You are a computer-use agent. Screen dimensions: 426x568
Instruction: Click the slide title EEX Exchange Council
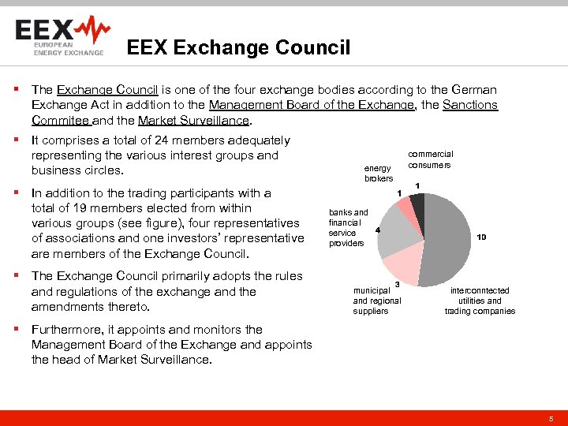238,48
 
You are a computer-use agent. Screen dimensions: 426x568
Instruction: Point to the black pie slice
418,206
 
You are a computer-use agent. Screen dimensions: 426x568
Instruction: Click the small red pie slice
405,207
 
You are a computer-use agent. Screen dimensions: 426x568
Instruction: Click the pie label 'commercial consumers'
430,159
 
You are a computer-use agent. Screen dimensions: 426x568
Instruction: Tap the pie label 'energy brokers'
378,174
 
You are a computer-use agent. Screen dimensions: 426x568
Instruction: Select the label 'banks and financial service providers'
348,228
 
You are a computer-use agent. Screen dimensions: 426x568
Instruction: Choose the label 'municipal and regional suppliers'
376,301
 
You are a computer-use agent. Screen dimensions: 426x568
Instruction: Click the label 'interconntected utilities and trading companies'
480,301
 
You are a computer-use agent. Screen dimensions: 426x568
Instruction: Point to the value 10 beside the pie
481,237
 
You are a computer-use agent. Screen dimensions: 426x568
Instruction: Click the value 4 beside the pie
379,230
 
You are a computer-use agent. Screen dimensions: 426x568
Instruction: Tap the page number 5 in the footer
551,418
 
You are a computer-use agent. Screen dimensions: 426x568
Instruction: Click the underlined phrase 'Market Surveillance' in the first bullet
193,121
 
